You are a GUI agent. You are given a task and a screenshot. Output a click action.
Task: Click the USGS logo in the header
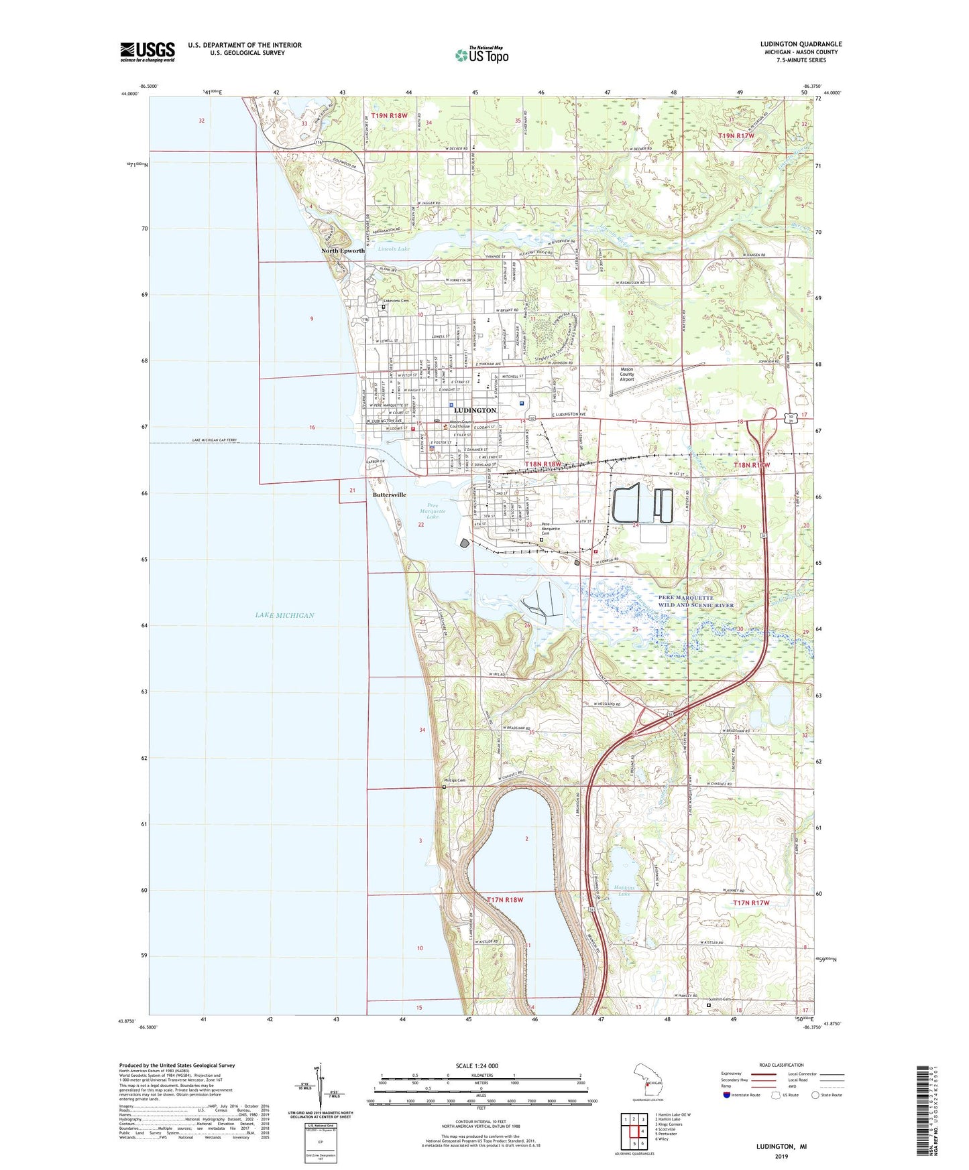[148, 51]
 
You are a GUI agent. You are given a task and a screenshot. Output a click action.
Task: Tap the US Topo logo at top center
[481, 55]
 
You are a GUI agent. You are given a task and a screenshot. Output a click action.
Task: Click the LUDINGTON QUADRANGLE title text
[801, 44]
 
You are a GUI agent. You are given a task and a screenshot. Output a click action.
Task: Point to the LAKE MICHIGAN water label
[284, 615]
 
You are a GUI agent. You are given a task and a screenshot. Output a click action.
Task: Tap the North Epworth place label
[343, 251]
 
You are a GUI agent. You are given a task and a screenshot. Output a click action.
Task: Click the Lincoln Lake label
[394, 249]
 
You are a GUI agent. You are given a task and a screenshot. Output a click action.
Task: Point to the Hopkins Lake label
[624, 890]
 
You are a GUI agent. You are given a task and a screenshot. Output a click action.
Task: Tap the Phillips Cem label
[454, 781]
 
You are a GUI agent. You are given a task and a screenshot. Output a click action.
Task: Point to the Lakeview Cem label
[396, 301]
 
